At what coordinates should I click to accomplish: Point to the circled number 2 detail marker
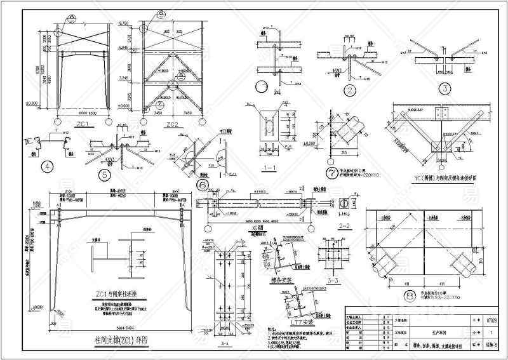349,90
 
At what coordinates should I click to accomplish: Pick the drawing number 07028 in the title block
490,319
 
